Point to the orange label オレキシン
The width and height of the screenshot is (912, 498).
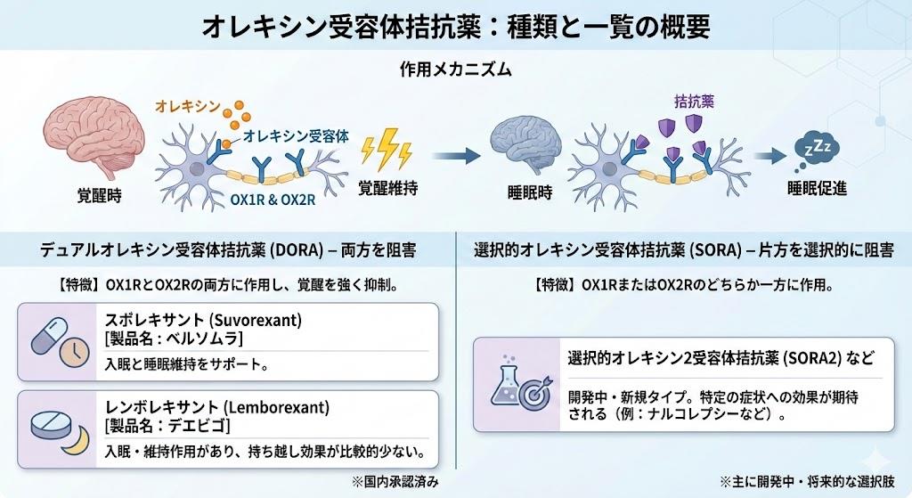coord(188,107)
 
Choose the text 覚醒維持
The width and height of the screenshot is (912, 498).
coord(388,189)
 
